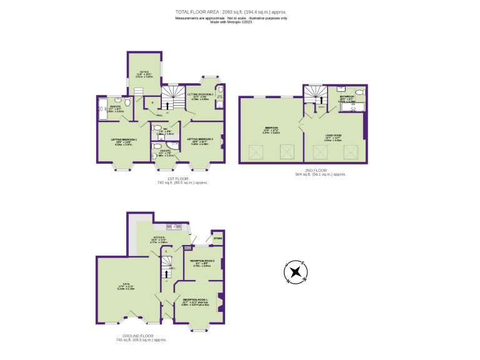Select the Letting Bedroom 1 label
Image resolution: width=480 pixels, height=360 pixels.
(124, 141)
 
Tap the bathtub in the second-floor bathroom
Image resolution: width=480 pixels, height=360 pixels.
(351, 109)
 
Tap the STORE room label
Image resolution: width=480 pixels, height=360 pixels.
(217, 239)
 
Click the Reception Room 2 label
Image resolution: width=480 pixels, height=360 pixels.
(202, 262)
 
